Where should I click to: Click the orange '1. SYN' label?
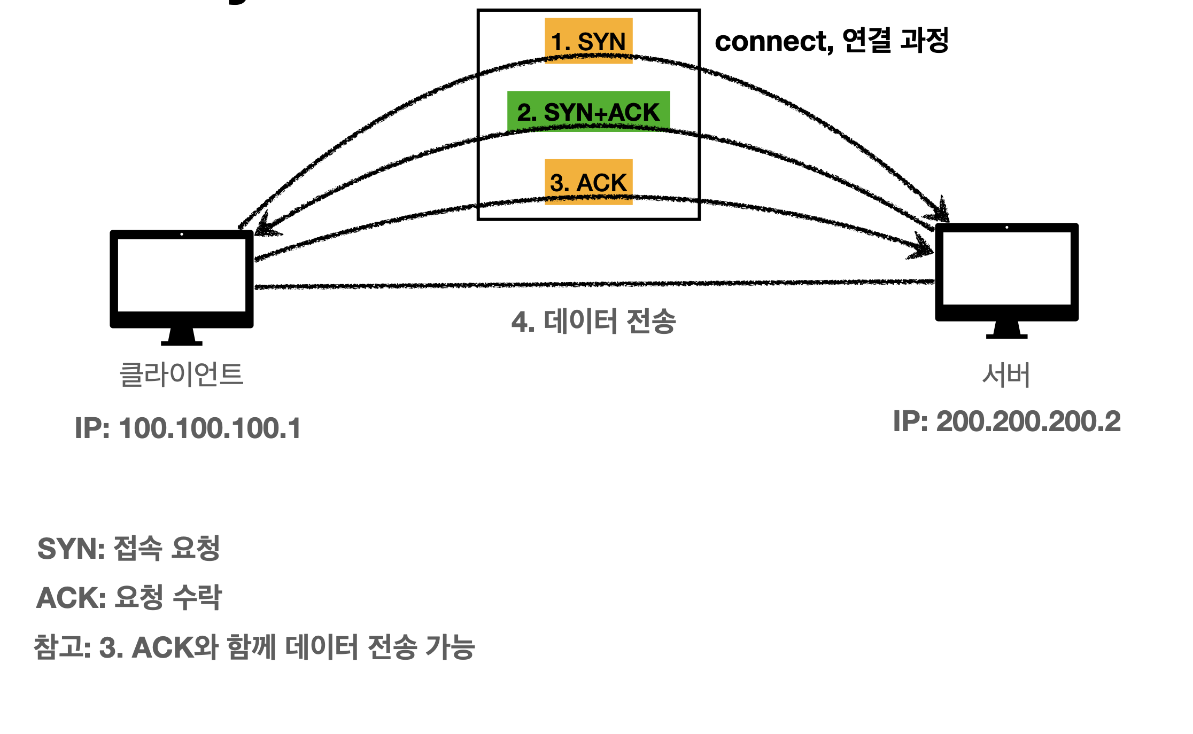[588, 41]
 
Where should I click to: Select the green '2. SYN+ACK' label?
[588, 112]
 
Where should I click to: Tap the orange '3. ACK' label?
[588, 182]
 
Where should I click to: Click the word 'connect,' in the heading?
[773, 42]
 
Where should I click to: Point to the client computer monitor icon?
[182, 278]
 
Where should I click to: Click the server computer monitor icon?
[1006, 271]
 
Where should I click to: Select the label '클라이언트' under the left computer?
[181, 374]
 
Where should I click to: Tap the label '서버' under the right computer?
[1006, 375]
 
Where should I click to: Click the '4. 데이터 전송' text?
[594, 322]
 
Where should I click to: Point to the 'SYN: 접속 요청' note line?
[129, 549]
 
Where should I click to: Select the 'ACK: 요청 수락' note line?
[129, 597]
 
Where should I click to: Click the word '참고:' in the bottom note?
[62, 647]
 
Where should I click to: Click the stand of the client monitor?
[182, 337]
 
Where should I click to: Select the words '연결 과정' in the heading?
[895, 41]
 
